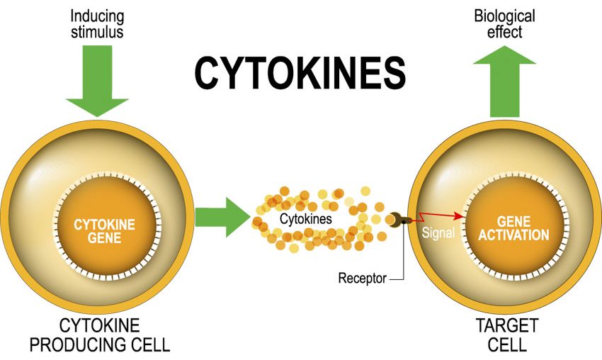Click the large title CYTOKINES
point(300,73)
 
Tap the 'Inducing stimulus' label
point(97,24)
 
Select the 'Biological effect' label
point(504,24)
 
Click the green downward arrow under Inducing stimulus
point(97,81)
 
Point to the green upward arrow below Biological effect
point(504,81)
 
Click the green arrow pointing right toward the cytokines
point(222,218)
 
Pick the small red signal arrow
point(440,217)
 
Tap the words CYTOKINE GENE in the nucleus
point(104,231)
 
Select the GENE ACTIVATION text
point(513,228)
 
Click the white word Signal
point(438,232)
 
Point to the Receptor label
point(362,278)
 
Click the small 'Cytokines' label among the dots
point(306,219)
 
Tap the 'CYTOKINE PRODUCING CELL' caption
point(100,335)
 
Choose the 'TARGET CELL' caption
point(507,335)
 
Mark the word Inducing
point(97,17)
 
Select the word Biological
point(504,17)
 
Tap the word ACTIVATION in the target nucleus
point(513,235)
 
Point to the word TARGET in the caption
point(507,325)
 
